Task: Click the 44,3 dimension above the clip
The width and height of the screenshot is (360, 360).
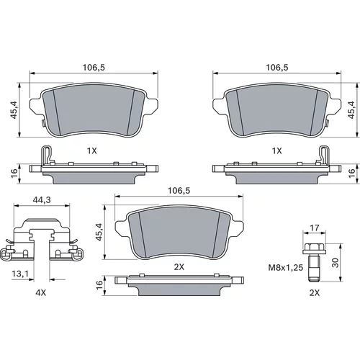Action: point(42,199)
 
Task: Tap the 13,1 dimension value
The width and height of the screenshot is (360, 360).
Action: point(20,274)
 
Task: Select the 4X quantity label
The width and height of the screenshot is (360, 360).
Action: point(40,293)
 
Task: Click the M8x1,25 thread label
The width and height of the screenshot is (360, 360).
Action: point(286,267)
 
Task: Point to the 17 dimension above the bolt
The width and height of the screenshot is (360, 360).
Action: point(315,228)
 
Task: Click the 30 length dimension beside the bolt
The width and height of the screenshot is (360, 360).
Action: point(336,263)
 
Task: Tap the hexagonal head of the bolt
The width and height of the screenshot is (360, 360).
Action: point(315,247)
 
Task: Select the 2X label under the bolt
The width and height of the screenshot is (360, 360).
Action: point(315,293)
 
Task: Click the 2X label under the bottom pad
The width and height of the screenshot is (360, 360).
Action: point(179,267)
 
